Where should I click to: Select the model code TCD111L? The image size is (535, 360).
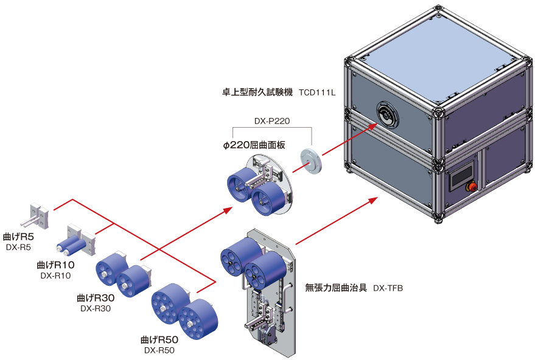318,93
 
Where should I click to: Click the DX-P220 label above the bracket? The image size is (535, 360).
271,121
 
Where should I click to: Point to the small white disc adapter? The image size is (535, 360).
311,161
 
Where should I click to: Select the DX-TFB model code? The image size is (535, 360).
388,288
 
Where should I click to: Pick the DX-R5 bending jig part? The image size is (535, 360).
38,216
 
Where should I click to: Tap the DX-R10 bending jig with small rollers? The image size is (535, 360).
79,244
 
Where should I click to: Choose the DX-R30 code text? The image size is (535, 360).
95,308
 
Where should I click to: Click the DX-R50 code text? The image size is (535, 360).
160,350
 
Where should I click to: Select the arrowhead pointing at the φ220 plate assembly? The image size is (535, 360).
228,210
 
